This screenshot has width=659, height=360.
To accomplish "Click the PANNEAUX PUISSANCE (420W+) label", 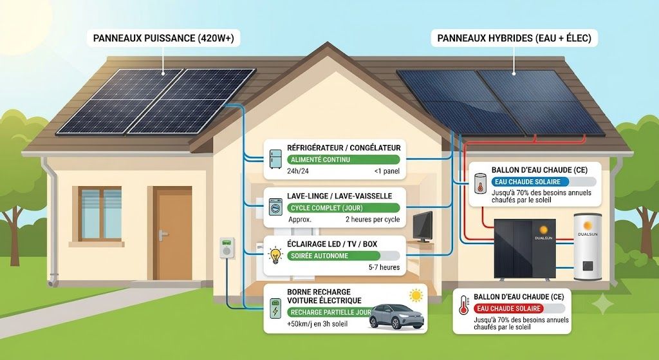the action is pos(163,38).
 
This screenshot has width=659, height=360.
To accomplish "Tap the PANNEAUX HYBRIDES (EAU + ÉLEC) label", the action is pos(514,38).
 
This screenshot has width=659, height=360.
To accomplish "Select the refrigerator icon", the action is pos(275,159).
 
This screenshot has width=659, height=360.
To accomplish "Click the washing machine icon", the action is pos(275,207).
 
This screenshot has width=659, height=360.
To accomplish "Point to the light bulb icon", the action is pos(275,255).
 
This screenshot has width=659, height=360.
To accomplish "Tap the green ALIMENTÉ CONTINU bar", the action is pos(344,160).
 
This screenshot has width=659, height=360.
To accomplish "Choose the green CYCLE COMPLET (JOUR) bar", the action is pos(344,208).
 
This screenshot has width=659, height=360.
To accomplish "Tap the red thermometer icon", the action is pos(463,305).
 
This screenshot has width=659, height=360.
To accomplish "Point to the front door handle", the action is pos(163,234).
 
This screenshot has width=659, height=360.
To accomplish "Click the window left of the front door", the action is pos(101,214).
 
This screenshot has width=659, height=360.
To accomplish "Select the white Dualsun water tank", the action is pos(588,247).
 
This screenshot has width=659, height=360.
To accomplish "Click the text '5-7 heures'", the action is pos(384,267).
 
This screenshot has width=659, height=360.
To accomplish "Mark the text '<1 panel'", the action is pos(387,171).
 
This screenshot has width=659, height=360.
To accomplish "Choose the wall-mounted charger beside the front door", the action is pos(227,247).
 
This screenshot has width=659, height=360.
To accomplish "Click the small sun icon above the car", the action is pos(416,295).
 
